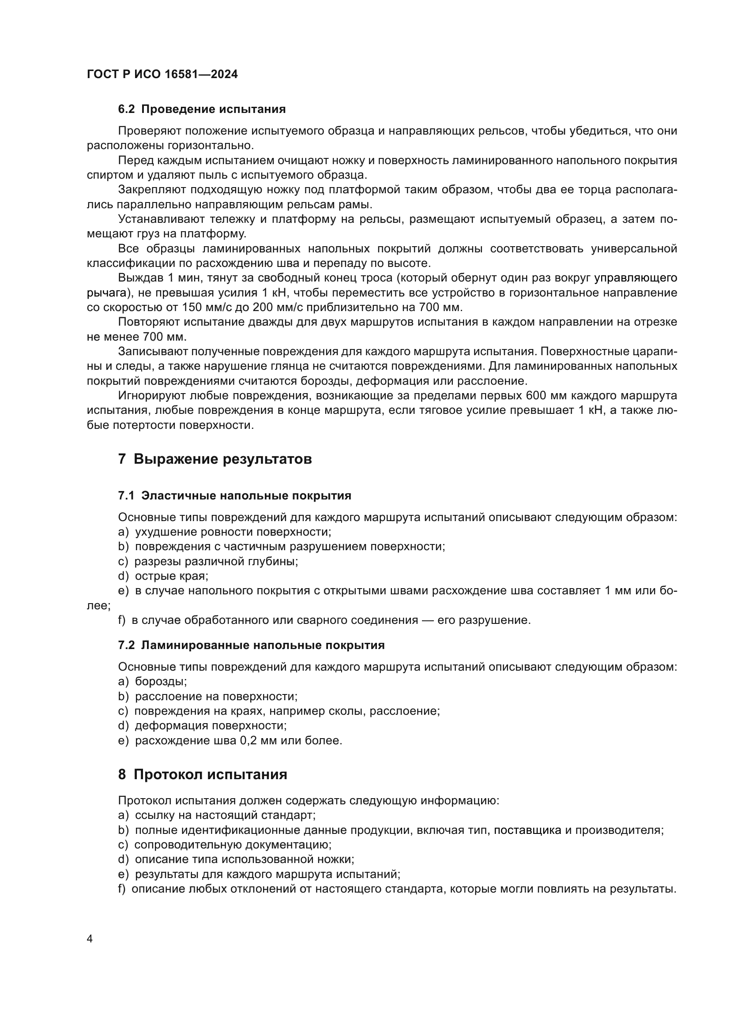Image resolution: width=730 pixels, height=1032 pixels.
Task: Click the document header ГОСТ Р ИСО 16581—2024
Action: click(162, 75)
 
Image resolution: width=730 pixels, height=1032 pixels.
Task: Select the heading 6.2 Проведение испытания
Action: click(202, 109)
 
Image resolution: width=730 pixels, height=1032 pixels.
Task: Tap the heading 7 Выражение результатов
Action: click(215, 459)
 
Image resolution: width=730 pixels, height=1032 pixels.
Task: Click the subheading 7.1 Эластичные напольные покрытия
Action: click(234, 496)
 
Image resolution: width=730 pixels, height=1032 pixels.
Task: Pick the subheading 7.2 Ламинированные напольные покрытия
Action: click(251, 645)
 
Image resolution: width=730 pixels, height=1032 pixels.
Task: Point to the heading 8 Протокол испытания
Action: click(203, 774)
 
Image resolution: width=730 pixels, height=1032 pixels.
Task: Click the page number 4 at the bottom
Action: click(90, 939)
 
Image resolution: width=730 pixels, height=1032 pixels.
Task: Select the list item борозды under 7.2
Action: click(161, 681)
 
